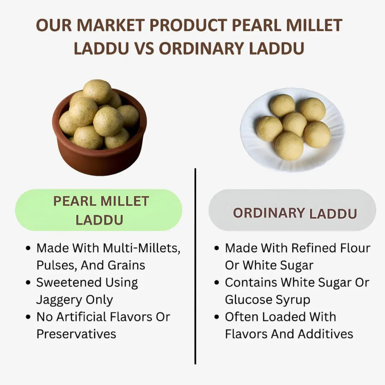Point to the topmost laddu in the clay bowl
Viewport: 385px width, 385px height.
coord(97,91)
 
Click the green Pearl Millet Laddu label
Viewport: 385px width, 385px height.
coord(99,210)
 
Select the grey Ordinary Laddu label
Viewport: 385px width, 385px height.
coord(292,213)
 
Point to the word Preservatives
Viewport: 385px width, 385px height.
coord(76,334)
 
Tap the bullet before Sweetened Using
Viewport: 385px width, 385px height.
coord(29,283)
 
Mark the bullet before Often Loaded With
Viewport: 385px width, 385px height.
coord(216,317)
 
